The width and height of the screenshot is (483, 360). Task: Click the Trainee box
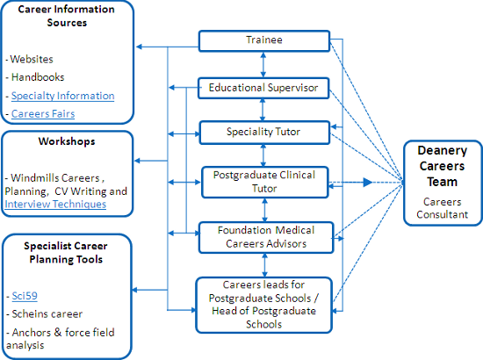264,40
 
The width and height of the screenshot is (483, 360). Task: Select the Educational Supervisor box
263,88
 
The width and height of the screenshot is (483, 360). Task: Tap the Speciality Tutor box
264,133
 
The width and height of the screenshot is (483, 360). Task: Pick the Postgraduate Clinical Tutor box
265,183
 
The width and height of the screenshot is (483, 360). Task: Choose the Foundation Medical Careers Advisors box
266,238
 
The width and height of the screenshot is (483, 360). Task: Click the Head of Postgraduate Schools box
264,306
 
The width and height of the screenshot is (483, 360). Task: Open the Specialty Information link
63,96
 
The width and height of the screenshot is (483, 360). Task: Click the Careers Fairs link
43,113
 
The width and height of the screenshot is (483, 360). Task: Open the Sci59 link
25,296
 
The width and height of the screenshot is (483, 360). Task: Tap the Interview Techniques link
55,205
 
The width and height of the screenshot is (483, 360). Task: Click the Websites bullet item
30,59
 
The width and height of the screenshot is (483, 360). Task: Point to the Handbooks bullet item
35,77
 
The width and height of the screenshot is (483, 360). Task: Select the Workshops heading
67,141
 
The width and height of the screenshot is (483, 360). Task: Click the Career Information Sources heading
67,16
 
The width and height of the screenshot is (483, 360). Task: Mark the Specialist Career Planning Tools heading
66,253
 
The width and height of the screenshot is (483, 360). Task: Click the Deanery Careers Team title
443,166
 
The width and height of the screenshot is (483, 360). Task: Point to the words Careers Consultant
443,208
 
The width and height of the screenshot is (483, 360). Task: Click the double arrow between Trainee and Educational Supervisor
263,65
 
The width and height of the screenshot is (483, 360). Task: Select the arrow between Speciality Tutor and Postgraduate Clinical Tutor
263,155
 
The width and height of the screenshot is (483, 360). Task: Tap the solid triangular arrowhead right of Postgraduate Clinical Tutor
368,183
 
